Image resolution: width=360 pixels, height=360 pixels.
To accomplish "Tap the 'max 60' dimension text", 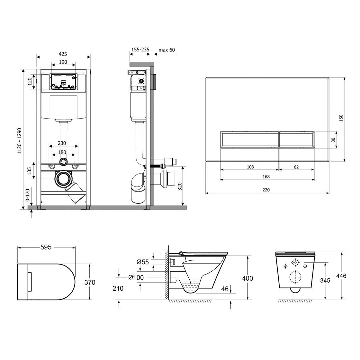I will tap(166, 50).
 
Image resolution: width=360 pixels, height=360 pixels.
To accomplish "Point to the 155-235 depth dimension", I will tap(140, 50).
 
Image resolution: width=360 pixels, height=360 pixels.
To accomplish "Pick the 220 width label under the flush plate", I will tap(266, 190).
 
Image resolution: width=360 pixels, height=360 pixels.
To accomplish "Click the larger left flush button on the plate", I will tap(249, 139).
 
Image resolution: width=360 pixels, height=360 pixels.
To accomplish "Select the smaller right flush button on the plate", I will tap(296, 139).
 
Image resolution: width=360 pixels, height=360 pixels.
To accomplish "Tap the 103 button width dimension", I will tap(250, 167).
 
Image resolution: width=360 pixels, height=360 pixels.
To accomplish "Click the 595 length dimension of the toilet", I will tap(46, 247).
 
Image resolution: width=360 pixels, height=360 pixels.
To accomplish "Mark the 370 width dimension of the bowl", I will tap(90, 282).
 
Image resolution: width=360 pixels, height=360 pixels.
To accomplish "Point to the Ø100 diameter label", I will tap(136, 277).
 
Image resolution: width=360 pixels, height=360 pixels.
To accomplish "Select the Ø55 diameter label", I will tap(143, 262).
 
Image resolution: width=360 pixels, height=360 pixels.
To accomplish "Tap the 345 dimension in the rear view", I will tap(325, 280).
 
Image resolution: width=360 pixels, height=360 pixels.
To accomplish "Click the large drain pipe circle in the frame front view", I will tap(64, 179).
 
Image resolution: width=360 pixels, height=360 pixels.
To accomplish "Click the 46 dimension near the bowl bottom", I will tap(225, 289).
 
